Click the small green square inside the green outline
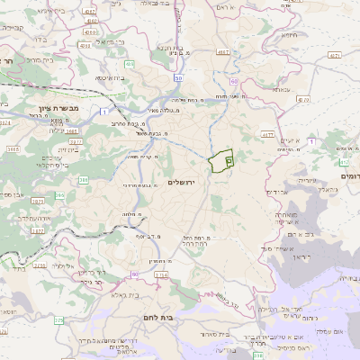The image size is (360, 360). tap(228, 160)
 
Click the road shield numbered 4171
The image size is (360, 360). tap(334, 56)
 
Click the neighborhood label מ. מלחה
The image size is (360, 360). tap(134, 215)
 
